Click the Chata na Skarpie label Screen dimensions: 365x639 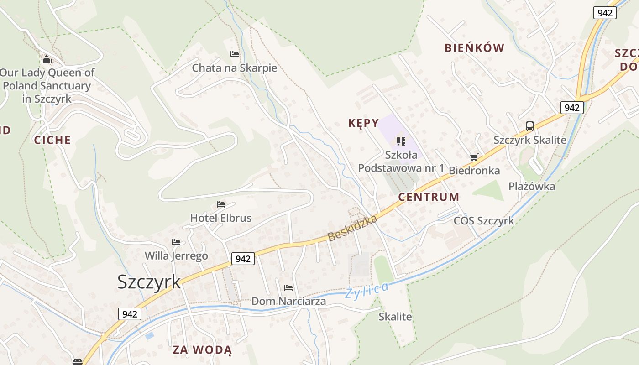point(234,68)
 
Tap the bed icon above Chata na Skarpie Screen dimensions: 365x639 point(235,54)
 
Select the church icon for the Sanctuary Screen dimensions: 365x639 point(47,59)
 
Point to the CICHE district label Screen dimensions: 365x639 point(52,140)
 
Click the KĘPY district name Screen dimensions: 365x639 point(363,123)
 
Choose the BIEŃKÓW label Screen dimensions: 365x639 point(474,48)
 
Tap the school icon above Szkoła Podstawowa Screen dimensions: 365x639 point(401,141)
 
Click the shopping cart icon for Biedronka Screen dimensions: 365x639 point(474,157)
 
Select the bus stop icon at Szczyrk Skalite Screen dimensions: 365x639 point(529,126)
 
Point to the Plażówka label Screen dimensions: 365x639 point(532,186)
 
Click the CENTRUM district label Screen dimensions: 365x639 point(429,197)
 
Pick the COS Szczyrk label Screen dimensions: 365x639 point(483,221)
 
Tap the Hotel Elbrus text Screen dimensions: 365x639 point(221,218)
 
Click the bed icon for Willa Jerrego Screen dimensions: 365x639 point(176,242)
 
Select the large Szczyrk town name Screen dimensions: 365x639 point(149,282)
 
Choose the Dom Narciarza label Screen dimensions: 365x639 point(288,301)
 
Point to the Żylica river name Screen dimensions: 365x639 point(367,290)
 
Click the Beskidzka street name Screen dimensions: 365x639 point(352,228)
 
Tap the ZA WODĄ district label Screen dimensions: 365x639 point(202,350)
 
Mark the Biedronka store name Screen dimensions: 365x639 point(474,171)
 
